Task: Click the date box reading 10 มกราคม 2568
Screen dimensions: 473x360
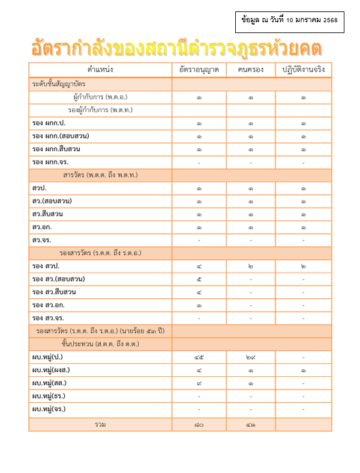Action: click(x=289, y=20)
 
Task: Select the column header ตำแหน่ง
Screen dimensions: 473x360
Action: click(x=100, y=70)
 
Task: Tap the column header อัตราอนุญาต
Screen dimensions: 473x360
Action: click(x=199, y=70)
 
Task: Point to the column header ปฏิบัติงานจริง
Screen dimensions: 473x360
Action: click(x=303, y=70)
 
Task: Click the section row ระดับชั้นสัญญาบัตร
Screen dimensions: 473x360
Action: click(x=59, y=84)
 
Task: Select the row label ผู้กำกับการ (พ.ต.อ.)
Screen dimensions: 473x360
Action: click(x=100, y=97)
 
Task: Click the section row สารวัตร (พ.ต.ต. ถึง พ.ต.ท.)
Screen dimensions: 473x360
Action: click(x=100, y=175)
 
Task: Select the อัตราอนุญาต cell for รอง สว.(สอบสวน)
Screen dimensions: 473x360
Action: click(x=199, y=279)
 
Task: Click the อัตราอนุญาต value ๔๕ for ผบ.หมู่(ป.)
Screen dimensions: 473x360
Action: click(x=199, y=357)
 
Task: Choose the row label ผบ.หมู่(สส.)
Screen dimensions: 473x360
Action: click(x=50, y=383)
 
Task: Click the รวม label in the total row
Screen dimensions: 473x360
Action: click(x=100, y=424)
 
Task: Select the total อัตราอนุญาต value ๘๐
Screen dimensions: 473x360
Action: click(x=199, y=424)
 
